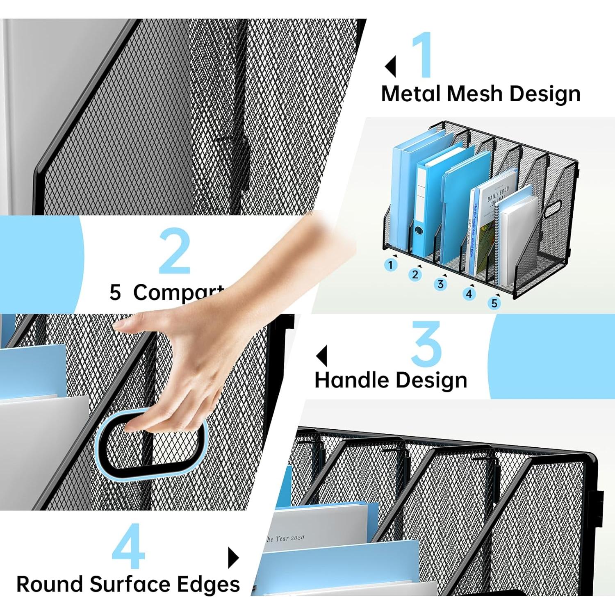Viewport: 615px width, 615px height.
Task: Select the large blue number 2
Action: [175, 251]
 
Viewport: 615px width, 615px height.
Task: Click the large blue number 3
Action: [426, 344]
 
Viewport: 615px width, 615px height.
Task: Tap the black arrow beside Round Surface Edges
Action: [233, 558]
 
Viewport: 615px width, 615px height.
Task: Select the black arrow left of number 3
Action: [322, 355]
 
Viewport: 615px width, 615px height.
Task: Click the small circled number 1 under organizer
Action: [391, 265]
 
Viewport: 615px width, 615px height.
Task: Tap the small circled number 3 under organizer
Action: [440, 284]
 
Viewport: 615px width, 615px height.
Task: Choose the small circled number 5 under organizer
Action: [494, 303]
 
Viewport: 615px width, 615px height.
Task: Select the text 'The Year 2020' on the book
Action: [285, 538]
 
